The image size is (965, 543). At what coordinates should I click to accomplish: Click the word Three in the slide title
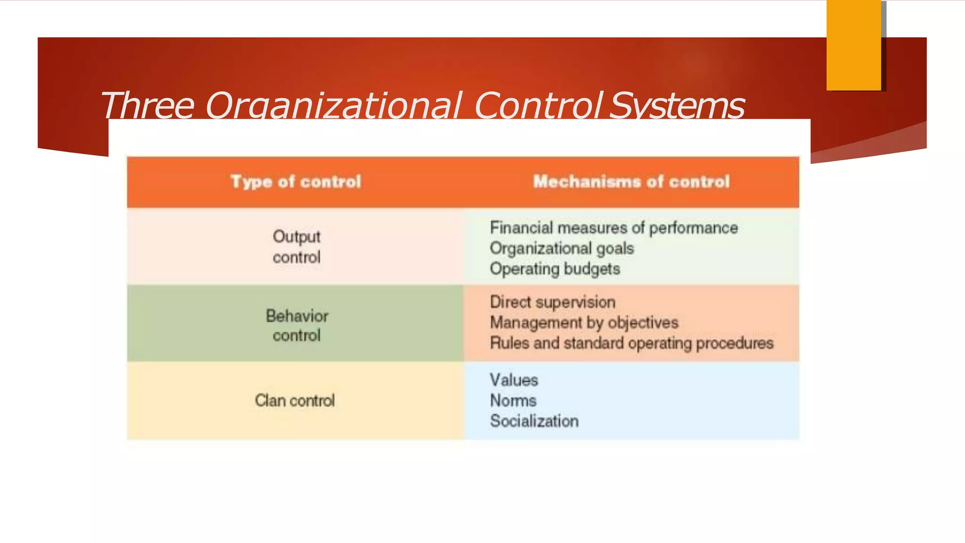click(147, 105)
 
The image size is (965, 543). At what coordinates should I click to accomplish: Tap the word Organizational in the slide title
click(333, 105)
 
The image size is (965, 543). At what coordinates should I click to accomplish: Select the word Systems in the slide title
click(677, 105)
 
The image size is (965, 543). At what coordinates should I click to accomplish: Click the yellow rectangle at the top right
click(853, 45)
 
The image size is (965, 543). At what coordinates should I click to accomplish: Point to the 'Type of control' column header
click(296, 182)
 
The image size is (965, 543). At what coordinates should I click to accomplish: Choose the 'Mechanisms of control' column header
click(631, 182)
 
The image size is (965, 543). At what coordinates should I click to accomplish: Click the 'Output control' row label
click(296, 247)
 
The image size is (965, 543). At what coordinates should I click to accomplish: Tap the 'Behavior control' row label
click(296, 325)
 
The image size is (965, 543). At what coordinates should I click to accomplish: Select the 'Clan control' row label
click(295, 401)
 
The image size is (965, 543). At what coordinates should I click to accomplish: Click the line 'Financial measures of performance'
click(613, 228)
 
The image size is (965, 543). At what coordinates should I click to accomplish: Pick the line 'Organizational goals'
click(562, 248)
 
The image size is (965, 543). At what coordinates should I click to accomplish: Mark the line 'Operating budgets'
click(555, 269)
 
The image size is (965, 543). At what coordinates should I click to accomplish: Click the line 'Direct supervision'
click(552, 302)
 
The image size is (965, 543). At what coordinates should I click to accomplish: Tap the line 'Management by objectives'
click(584, 323)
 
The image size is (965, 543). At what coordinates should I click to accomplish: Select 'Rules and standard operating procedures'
click(631, 343)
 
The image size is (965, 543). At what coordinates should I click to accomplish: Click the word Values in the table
click(514, 380)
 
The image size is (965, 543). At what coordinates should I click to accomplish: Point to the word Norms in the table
click(513, 401)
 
